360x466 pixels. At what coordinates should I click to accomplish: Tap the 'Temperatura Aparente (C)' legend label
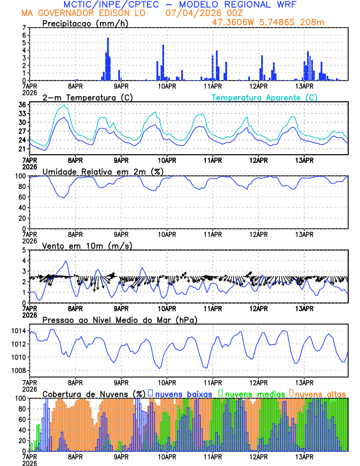pos(264,97)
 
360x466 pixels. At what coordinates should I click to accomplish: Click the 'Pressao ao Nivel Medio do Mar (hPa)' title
pos(119,319)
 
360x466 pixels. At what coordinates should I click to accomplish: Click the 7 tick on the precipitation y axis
pos(24,28)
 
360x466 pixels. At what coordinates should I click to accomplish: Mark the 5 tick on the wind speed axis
pos(24,250)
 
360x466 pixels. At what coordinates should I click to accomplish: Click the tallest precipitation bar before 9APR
pos(108,59)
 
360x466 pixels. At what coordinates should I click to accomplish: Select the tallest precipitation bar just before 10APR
pos(164,62)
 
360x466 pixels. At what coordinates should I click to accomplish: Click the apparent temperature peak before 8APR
pos(64,105)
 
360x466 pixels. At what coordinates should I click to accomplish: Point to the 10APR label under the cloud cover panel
pos(167,455)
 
